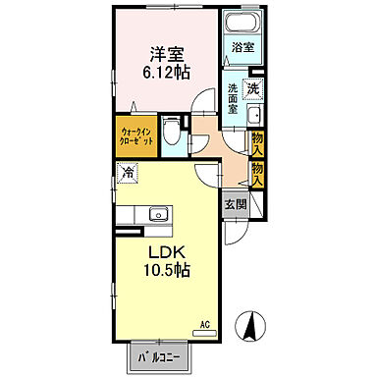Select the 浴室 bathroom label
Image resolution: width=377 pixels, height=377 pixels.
pyautogui.click(x=242, y=46)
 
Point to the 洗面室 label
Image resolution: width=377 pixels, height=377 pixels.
pyautogui.click(x=233, y=99)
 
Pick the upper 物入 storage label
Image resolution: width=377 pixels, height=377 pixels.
pyautogui.click(x=257, y=142)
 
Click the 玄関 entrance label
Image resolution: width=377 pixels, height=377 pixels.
pyautogui.click(x=235, y=204)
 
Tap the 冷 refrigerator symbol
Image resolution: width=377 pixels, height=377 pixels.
pyautogui.click(x=129, y=174)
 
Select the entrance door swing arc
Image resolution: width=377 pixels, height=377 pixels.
pyautogui.click(x=238, y=232)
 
